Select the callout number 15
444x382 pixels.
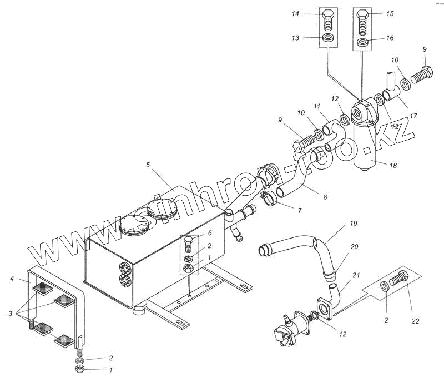point(390,13)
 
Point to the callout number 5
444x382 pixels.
point(148,165)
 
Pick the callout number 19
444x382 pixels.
point(354,224)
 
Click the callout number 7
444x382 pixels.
point(299,211)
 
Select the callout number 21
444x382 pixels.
point(356,275)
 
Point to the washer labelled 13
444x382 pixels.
point(327,39)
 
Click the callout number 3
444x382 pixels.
point(11,314)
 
